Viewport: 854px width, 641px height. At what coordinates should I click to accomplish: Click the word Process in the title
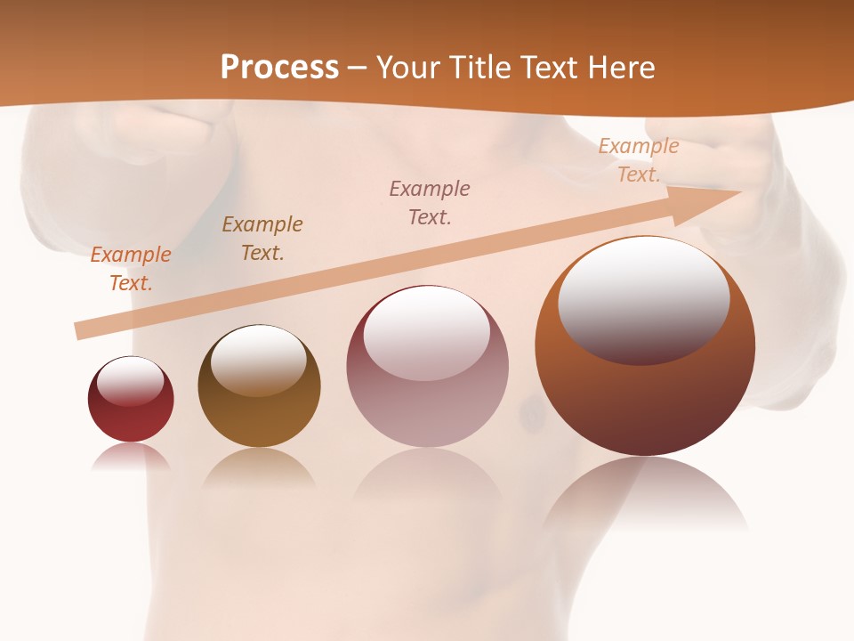click(x=279, y=67)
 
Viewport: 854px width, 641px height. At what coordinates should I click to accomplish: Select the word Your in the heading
click(x=407, y=67)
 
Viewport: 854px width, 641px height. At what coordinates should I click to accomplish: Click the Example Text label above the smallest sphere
click(x=131, y=268)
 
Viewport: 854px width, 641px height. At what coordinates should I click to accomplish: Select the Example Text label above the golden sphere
click(x=262, y=238)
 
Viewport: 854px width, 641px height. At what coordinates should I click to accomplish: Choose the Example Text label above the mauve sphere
click(x=430, y=202)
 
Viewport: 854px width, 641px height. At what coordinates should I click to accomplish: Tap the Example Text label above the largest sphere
click(x=639, y=160)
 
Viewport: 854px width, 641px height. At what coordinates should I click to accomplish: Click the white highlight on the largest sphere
click(x=643, y=298)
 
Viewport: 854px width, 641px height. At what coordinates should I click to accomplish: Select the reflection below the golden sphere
click(x=259, y=467)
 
